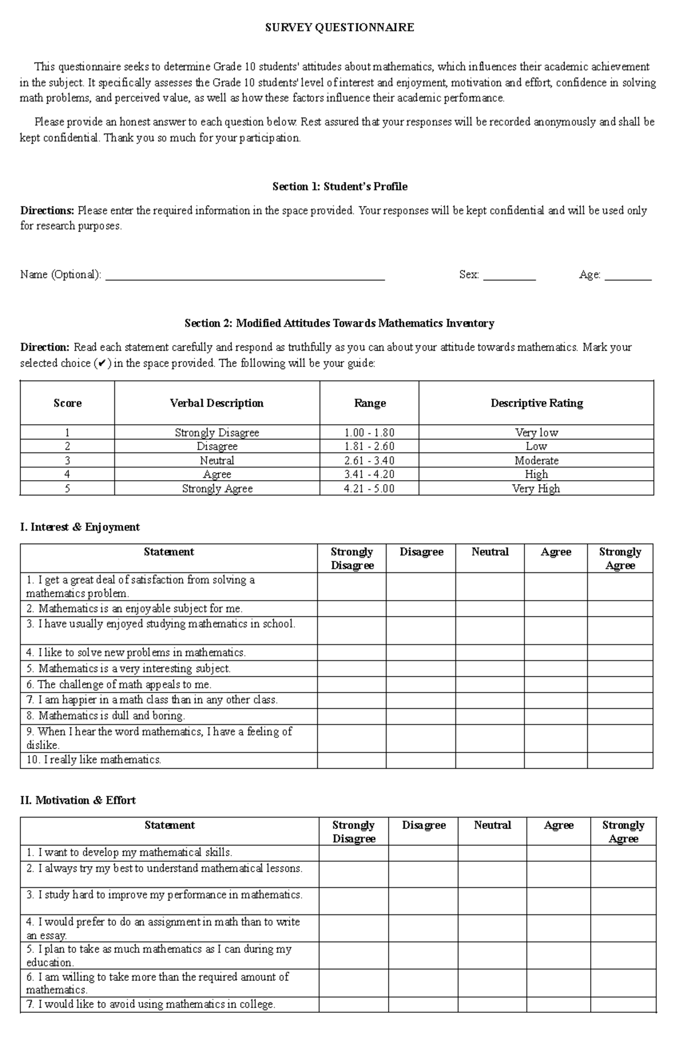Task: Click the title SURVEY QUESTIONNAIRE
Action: click(x=339, y=27)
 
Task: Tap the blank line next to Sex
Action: click(x=509, y=276)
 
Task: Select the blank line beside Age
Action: click(x=628, y=276)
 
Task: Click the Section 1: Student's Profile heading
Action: click(x=339, y=186)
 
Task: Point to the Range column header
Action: click(x=369, y=403)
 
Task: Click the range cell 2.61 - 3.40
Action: click(x=369, y=460)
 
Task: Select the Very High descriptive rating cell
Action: click(x=536, y=488)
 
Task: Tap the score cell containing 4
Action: click(x=67, y=474)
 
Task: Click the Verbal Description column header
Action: click(x=217, y=403)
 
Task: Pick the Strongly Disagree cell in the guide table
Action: click(x=217, y=433)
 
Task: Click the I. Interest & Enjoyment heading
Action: click(x=80, y=527)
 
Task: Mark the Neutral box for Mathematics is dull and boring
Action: click(x=490, y=716)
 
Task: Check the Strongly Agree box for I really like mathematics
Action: click(x=620, y=760)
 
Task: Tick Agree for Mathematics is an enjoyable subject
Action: click(x=556, y=609)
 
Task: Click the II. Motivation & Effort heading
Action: click(x=78, y=800)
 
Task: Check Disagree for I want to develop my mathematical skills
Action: click(x=423, y=853)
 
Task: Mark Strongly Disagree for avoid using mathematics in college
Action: click(x=354, y=1004)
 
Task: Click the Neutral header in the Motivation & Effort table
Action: click(x=492, y=826)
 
